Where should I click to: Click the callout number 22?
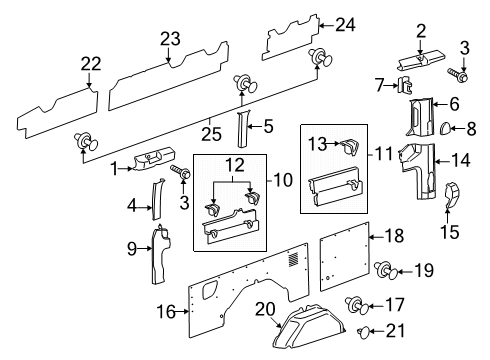pos(92,64)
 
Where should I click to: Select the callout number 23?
pos(169,39)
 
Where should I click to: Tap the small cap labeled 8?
pos(449,127)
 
